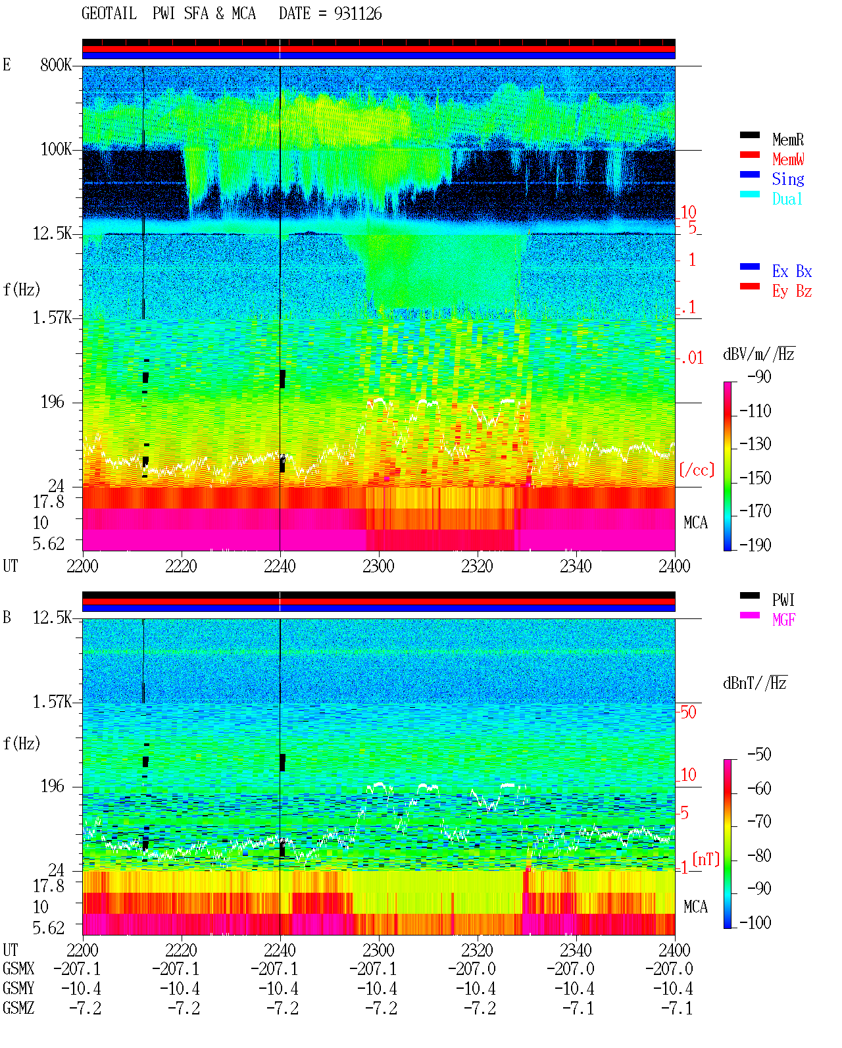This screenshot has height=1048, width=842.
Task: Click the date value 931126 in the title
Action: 358,14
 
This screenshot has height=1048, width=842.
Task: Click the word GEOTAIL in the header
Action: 109,14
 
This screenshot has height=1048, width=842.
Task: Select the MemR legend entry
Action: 788,139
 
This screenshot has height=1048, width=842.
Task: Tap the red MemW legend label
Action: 788,159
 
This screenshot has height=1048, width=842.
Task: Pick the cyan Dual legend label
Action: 787,199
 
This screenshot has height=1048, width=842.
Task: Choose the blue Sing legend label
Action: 788,179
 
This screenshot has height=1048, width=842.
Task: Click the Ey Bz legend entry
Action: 792,291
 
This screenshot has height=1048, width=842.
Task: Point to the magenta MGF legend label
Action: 783,620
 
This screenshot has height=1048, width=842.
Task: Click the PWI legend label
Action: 783,600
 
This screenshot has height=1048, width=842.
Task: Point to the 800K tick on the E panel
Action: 56,64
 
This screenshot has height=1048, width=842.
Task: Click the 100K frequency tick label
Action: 56,149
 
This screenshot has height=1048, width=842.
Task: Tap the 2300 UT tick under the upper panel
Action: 378,566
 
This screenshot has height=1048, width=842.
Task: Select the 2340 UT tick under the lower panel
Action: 576,950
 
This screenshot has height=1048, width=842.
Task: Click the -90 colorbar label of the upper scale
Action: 759,376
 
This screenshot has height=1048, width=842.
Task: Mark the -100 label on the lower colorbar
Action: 755,922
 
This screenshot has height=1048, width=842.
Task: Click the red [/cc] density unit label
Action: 697,470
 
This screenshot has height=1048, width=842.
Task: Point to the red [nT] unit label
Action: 706,859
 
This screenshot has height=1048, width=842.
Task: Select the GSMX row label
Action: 18,969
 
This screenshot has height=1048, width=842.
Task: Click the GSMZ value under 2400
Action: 676,1008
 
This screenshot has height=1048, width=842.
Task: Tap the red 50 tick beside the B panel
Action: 688,712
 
